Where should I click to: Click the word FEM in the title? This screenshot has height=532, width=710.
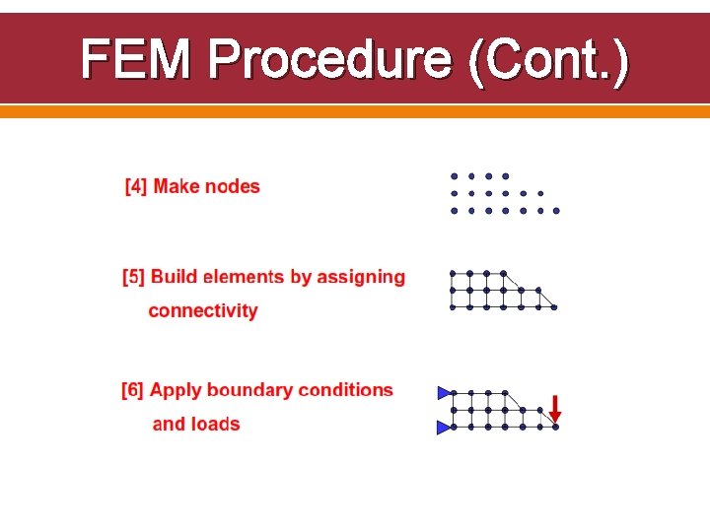coord(138,61)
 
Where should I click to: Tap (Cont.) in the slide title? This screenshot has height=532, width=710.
coord(549,61)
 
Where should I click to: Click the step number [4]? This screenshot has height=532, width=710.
coord(136,186)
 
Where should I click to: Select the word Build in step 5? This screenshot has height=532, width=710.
coord(175,277)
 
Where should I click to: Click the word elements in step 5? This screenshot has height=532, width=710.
coord(244,277)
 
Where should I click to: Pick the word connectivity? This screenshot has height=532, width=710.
coord(203,311)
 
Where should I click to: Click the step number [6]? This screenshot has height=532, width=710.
coord(133,390)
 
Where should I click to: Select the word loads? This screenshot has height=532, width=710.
coord(216,425)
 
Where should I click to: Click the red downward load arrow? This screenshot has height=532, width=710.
coord(555,407)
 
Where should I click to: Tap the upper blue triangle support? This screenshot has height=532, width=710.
coord(444,393)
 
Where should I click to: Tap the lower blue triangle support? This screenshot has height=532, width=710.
coord(444,428)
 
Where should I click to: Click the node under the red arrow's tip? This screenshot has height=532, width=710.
coord(555,428)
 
